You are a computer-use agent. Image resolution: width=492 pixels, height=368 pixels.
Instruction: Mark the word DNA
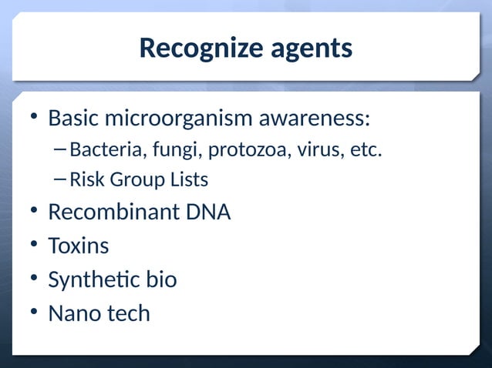tap(207, 212)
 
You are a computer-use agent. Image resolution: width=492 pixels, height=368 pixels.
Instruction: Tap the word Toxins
tap(79, 246)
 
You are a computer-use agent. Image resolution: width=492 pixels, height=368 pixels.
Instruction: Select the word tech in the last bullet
tap(130, 313)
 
